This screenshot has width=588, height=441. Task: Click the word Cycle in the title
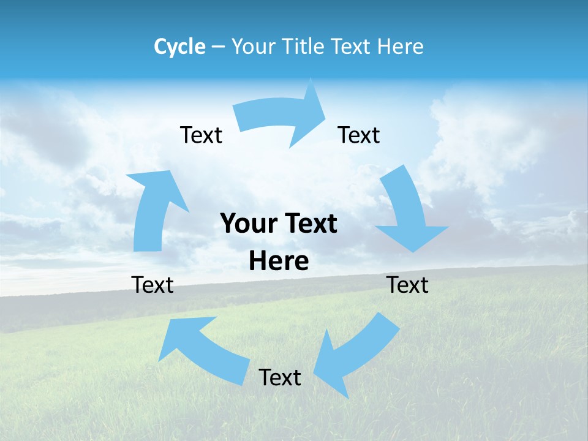pos(179,47)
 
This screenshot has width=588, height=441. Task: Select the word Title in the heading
pos(303,47)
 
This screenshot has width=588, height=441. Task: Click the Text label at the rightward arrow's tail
pos(201,135)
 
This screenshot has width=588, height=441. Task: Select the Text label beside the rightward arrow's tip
pos(359,135)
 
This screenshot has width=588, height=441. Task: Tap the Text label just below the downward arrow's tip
pos(408,285)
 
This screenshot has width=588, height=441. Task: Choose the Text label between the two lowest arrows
pos(280,377)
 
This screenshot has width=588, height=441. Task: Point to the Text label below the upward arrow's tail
pos(153,285)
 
